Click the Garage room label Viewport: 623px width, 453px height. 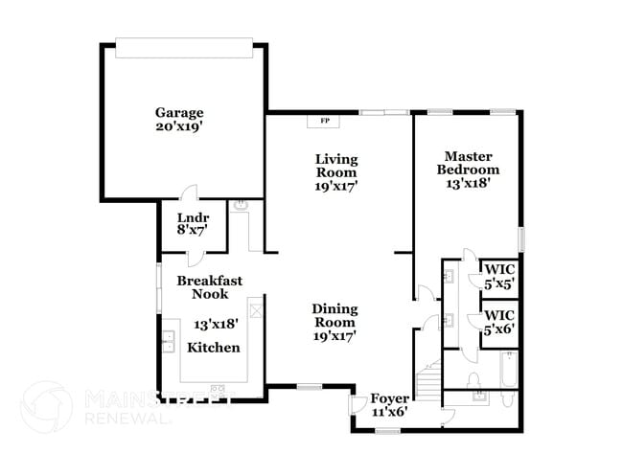pyautogui.click(x=179, y=112)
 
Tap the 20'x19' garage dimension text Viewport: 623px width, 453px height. pyautogui.click(x=179, y=125)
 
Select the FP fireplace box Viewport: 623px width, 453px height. pyautogui.click(x=324, y=122)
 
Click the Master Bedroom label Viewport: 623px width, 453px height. pyautogui.click(x=468, y=163)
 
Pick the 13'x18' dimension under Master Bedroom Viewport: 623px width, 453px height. pyautogui.click(x=468, y=184)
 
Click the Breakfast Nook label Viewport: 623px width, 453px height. pyautogui.click(x=210, y=287)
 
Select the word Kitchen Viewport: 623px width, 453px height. pyautogui.click(x=213, y=347)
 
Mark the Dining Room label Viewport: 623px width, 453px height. pyautogui.click(x=335, y=315)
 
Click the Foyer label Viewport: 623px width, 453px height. pyautogui.click(x=390, y=397)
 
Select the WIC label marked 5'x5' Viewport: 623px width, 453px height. pyautogui.click(x=498, y=276)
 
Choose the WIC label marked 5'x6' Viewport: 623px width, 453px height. pyautogui.click(x=498, y=321)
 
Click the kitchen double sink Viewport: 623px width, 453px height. pyautogui.click(x=168, y=341)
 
